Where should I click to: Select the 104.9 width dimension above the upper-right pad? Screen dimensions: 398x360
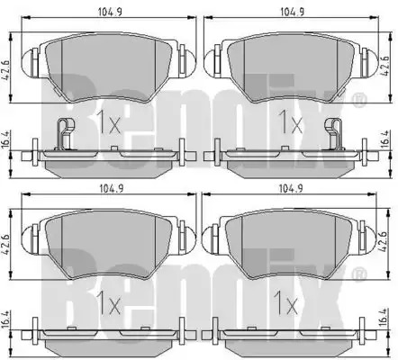pos(292,12)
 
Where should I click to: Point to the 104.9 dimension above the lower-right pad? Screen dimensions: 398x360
pos(291,189)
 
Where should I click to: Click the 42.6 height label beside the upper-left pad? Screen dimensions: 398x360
pos(6,69)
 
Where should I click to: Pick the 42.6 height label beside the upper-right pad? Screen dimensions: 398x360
pos(385,66)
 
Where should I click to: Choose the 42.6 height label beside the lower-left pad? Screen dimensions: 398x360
pos(6,245)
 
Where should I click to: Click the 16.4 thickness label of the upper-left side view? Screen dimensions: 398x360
pos(5,139)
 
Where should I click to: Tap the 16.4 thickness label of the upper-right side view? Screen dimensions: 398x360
pos(385,139)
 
